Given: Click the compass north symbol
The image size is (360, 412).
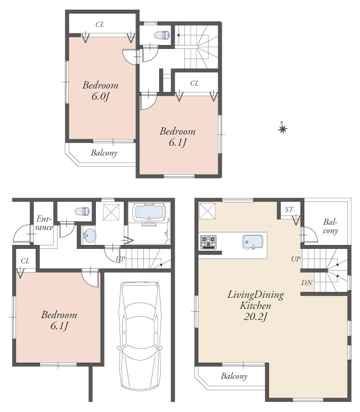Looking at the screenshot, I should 283,128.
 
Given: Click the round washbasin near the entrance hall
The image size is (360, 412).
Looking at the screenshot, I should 89,236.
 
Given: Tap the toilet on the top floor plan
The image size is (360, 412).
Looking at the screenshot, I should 162,35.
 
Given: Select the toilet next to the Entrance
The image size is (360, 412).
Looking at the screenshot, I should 83,211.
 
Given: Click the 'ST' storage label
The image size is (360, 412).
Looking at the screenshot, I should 289,209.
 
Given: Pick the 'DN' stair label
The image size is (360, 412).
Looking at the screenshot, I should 307,283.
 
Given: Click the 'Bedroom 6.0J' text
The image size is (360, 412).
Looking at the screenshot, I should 100,91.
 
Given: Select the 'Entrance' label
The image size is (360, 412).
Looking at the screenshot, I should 44,223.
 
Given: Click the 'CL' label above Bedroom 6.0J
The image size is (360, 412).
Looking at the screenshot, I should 100,25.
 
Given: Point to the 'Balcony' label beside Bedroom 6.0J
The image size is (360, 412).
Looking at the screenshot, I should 104,153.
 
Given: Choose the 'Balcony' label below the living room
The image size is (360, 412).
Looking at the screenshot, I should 234,376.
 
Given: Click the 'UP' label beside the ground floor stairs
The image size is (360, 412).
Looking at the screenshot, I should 120,259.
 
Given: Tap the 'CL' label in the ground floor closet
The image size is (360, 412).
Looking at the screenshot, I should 25,261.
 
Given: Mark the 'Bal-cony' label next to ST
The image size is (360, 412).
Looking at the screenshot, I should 330,226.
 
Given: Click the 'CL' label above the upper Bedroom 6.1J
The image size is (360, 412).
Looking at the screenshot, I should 195,83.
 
